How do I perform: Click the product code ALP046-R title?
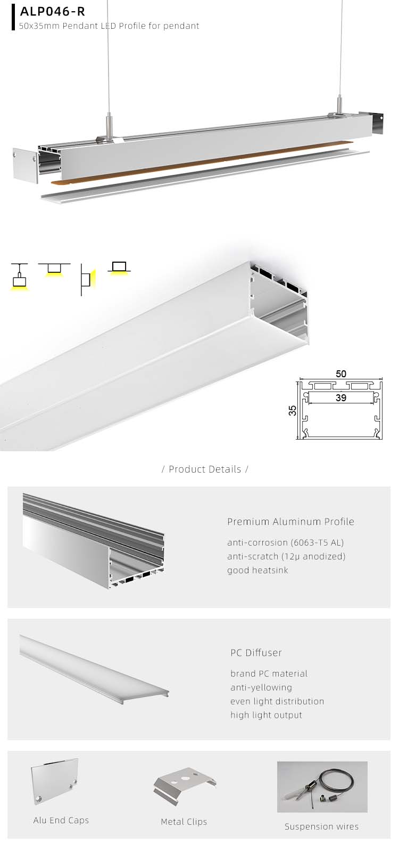tap(52, 12)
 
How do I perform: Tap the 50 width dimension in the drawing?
tap(340, 374)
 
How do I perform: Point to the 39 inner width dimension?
tap(340, 397)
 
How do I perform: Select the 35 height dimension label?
tap(292, 410)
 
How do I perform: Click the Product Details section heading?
tap(205, 469)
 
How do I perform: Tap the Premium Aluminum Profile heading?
tap(290, 522)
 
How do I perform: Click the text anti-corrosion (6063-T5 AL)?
tap(285, 543)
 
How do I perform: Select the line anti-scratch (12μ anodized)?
tap(286, 556)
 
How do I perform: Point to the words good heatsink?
tap(257, 570)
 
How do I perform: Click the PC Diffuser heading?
tap(256, 653)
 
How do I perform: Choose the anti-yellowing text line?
tap(261, 687)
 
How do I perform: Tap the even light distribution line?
tap(277, 701)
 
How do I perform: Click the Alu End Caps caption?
tap(61, 820)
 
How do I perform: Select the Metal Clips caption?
tap(184, 822)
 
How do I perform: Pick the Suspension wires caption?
tap(321, 826)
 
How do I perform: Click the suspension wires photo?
tap(322, 786)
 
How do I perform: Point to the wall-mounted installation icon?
tap(86, 279)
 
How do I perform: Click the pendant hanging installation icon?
tap(19, 277)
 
